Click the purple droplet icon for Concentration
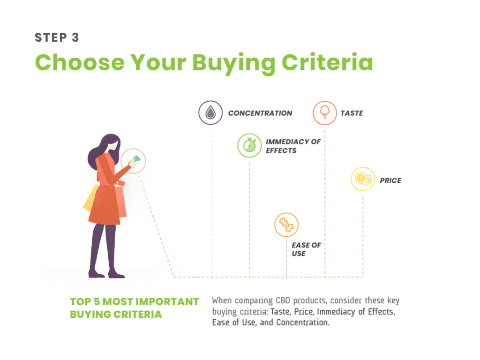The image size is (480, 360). click(210, 112)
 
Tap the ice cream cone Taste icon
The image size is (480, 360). click(325, 113)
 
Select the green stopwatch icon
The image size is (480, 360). click(249, 145)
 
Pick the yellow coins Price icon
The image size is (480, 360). click(363, 179)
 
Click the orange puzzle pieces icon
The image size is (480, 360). click(286, 225)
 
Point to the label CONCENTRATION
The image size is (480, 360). click(260, 113)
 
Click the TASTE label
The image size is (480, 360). click(352, 113)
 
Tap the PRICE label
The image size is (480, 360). click(390, 180)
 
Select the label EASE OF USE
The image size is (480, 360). click(307, 249)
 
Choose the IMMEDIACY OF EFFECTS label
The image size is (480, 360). click(293, 146)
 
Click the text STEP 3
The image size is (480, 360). click(57, 37)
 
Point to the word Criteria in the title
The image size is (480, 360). click(327, 62)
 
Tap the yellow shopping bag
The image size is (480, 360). click(90, 198)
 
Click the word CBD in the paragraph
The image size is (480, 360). click(283, 300)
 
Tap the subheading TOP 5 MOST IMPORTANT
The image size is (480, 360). click(135, 301)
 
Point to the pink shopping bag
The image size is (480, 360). click(120, 201)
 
